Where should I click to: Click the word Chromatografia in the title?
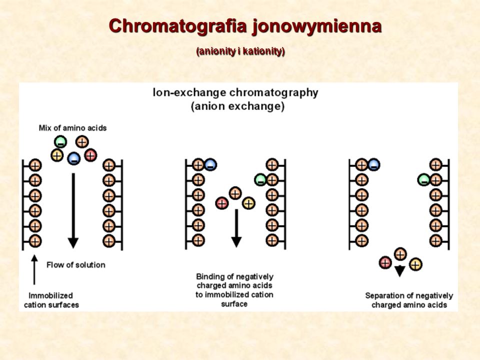178,25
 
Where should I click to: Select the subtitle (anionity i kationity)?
240,51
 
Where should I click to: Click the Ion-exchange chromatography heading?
235,93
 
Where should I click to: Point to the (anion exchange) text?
238,106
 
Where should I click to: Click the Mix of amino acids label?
72,128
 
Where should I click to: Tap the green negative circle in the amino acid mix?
60,141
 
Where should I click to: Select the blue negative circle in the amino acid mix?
74,158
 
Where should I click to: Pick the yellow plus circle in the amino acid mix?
57,155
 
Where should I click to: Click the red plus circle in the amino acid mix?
90,155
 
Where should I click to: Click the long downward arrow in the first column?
73,210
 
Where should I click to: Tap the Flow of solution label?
76,265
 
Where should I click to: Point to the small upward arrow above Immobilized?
34,269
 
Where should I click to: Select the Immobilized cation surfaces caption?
51,300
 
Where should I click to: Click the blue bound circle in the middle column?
210,164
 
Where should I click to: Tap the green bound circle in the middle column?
260,179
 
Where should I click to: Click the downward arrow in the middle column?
236,228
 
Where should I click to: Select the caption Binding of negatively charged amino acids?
234,290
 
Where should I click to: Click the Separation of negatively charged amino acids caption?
409,300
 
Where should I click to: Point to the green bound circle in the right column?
424,179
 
